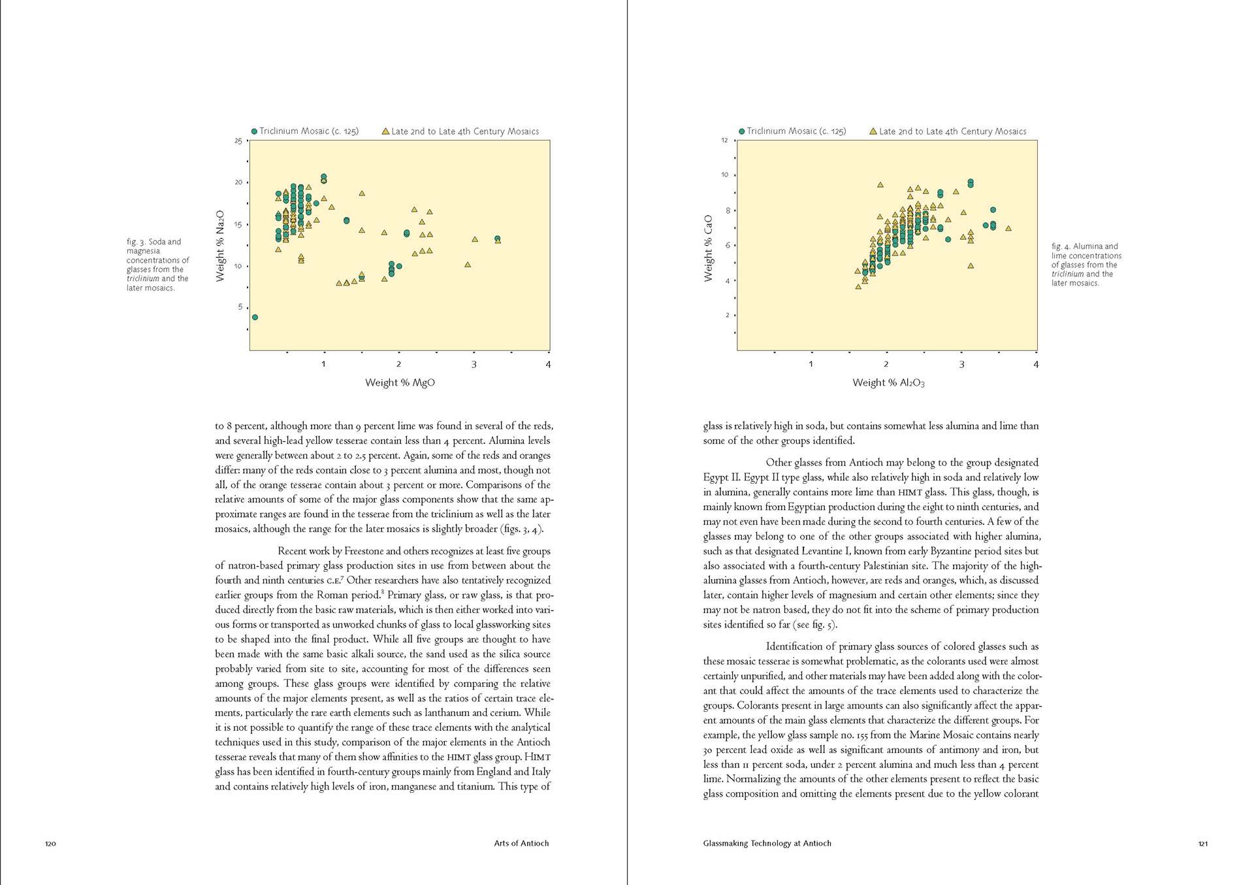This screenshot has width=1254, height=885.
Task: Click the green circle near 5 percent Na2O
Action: (x=255, y=317)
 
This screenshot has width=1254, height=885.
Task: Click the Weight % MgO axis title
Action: (x=400, y=382)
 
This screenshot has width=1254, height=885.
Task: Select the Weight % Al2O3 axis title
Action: (x=888, y=382)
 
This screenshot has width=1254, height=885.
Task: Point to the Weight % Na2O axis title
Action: (x=220, y=246)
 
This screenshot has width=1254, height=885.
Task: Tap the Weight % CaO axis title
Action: (x=708, y=248)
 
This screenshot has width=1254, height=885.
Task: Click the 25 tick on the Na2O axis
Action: (x=238, y=141)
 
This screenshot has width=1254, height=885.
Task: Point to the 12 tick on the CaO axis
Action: (x=724, y=141)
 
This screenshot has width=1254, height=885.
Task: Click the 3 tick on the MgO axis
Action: (x=474, y=364)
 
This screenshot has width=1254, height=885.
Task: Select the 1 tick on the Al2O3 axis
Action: (x=811, y=364)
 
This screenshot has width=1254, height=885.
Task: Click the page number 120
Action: (x=50, y=843)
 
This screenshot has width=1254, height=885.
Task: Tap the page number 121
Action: (x=1203, y=843)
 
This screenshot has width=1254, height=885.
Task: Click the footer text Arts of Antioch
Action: (x=521, y=843)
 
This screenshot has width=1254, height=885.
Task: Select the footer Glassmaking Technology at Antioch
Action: (x=767, y=843)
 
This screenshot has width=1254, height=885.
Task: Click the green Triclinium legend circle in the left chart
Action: (x=254, y=131)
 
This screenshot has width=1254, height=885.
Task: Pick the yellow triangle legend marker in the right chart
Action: (x=873, y=131)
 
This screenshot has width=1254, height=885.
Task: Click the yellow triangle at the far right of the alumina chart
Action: (x=1008, y=228)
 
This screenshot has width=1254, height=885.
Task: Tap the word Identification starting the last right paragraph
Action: (x=795, y=646)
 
